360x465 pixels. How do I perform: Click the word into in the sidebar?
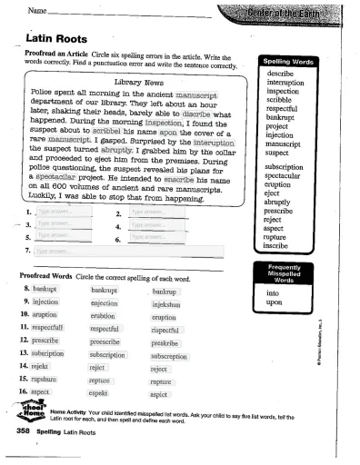click(x=272, y=293)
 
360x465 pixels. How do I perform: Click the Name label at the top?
click(x=39, y=10)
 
